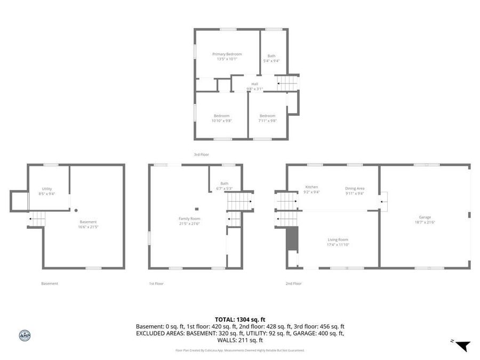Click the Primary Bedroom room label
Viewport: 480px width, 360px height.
tap(227, 54)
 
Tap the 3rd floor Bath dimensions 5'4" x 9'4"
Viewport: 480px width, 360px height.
tap(271, 61)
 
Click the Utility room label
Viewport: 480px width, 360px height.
tap(47, 189)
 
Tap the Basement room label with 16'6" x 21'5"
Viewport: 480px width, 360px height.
tap(89, 222)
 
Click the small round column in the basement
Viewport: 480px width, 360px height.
tap(76, 210)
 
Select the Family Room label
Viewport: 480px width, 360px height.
tap(189, 219)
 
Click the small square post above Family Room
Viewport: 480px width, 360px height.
tap(197, 209)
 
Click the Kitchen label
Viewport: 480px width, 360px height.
tap(311, 187)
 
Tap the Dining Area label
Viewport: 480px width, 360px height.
tap(355, 188)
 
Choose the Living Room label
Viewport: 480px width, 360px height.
tap(338, 240)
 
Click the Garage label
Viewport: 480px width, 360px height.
tap(425, 217)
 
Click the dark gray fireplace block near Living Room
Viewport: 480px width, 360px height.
tap(292, 238)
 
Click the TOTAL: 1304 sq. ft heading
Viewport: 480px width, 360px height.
tap(239, 319)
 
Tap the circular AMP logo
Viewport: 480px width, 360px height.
tap(25, 335)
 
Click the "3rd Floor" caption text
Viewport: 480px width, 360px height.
tap(201, 155)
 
